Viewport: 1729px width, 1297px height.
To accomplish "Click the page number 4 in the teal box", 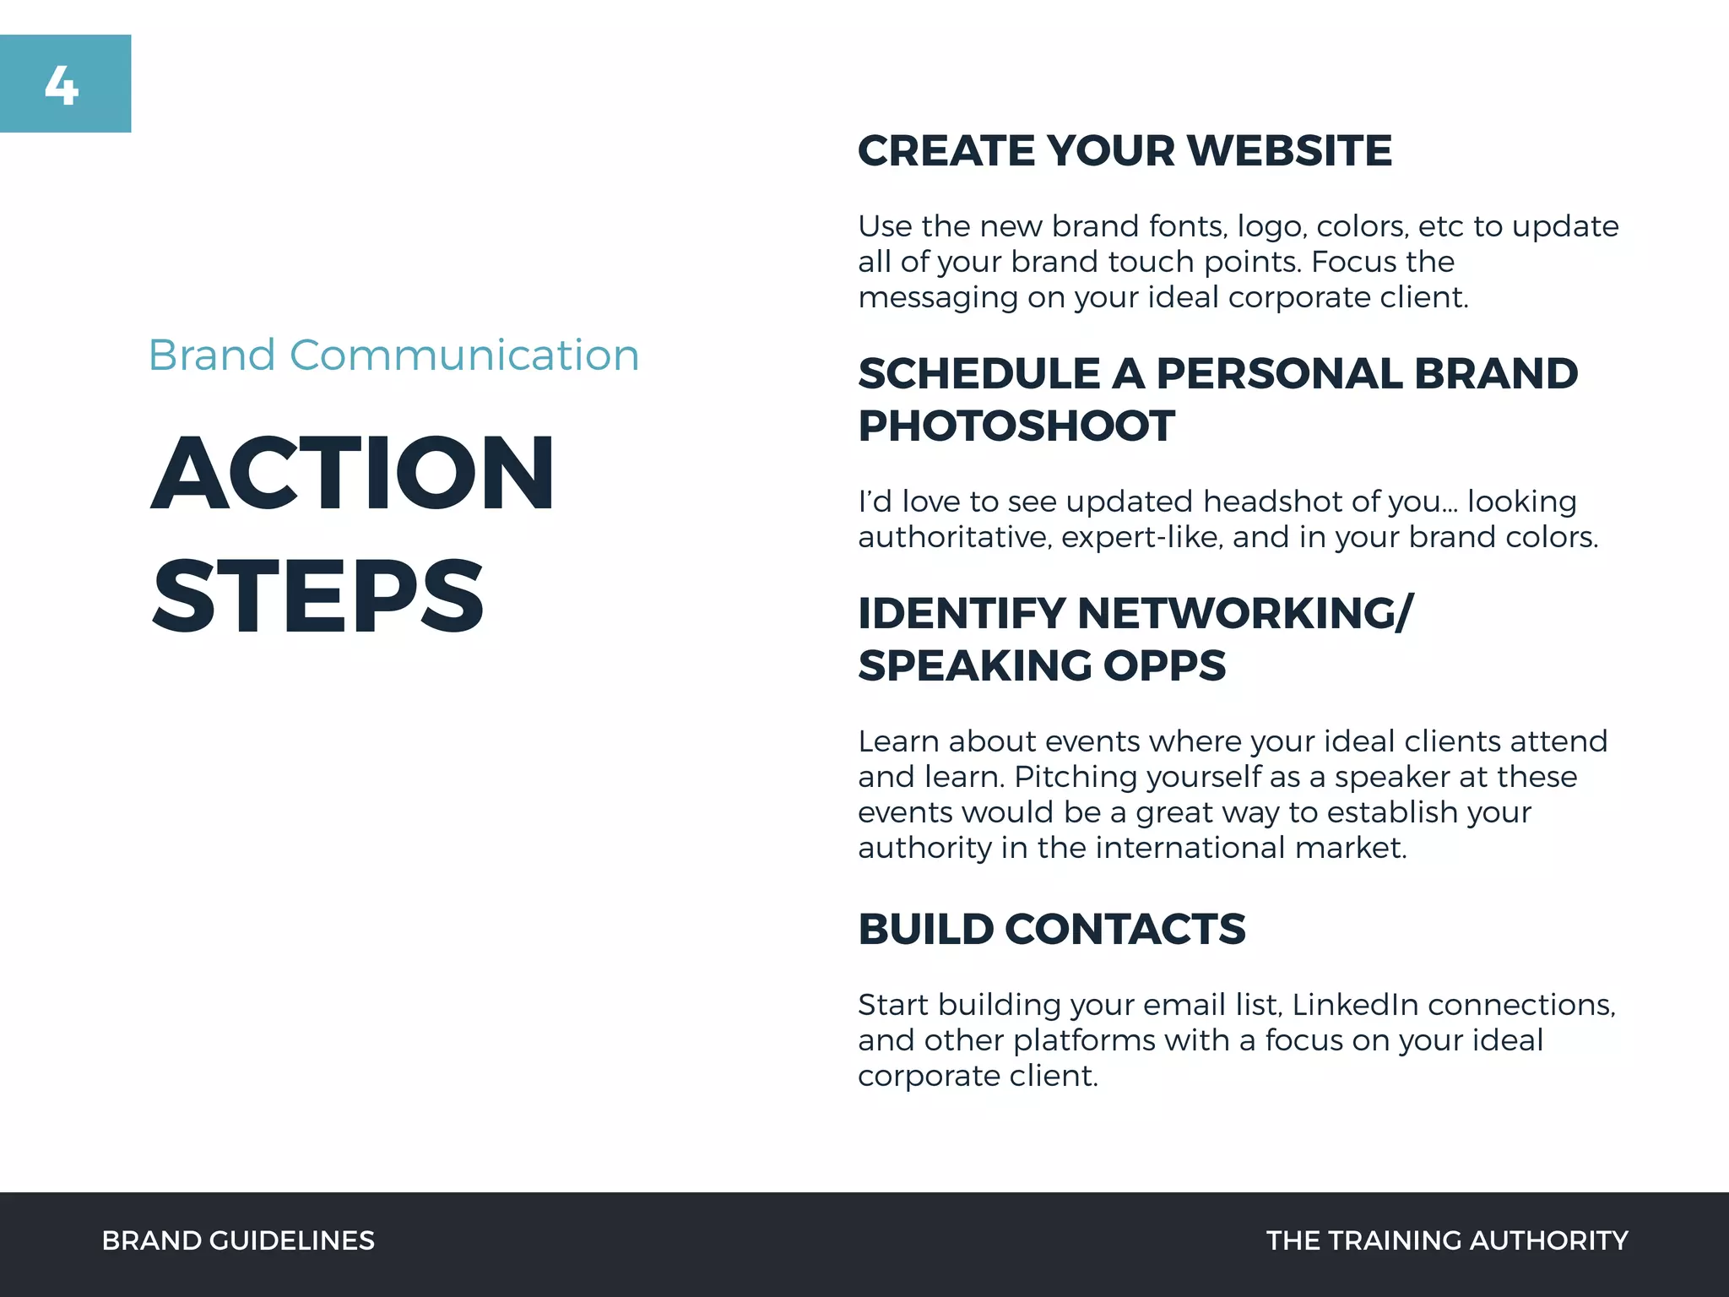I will click(62, 86).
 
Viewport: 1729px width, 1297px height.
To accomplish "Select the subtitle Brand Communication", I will click(393, 355).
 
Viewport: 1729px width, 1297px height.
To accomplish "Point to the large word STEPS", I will click(318, 596).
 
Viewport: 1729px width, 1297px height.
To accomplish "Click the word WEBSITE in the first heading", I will click(1290, 151).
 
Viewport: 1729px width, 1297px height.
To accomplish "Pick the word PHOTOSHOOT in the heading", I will click(1016, 426).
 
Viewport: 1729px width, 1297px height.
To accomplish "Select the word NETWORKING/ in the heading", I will click(1244, 613).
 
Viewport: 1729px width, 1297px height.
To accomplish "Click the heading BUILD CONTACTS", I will click(1052, 929).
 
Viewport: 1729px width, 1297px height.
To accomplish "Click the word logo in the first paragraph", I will click(1272, 227).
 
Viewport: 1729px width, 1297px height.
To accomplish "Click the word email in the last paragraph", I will click(1185, 1005).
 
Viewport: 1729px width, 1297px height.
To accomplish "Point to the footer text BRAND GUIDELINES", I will click(238, 1240).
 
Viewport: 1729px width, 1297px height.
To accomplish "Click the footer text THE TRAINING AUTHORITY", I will click(1447, 1240).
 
